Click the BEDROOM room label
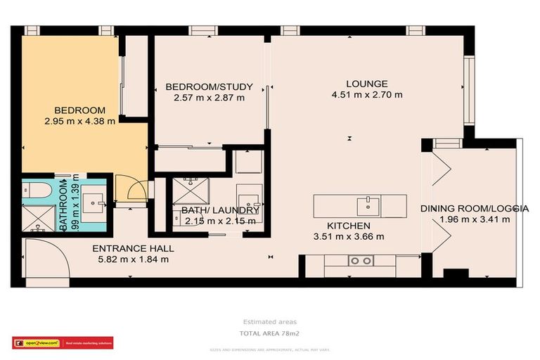(x=80, y=110)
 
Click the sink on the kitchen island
(x=368, y=205)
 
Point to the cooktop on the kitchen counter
(x=361, y=261)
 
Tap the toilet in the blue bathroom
(x=35, y=191)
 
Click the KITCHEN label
(x=349, y=226)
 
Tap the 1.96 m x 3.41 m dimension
(x=474, y=219)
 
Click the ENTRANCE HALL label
(x=133, y=248)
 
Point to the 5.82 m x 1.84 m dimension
(x=133, y=259)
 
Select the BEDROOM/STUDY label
(x=209, y=87)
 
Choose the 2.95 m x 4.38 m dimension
(x=80, y=121)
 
